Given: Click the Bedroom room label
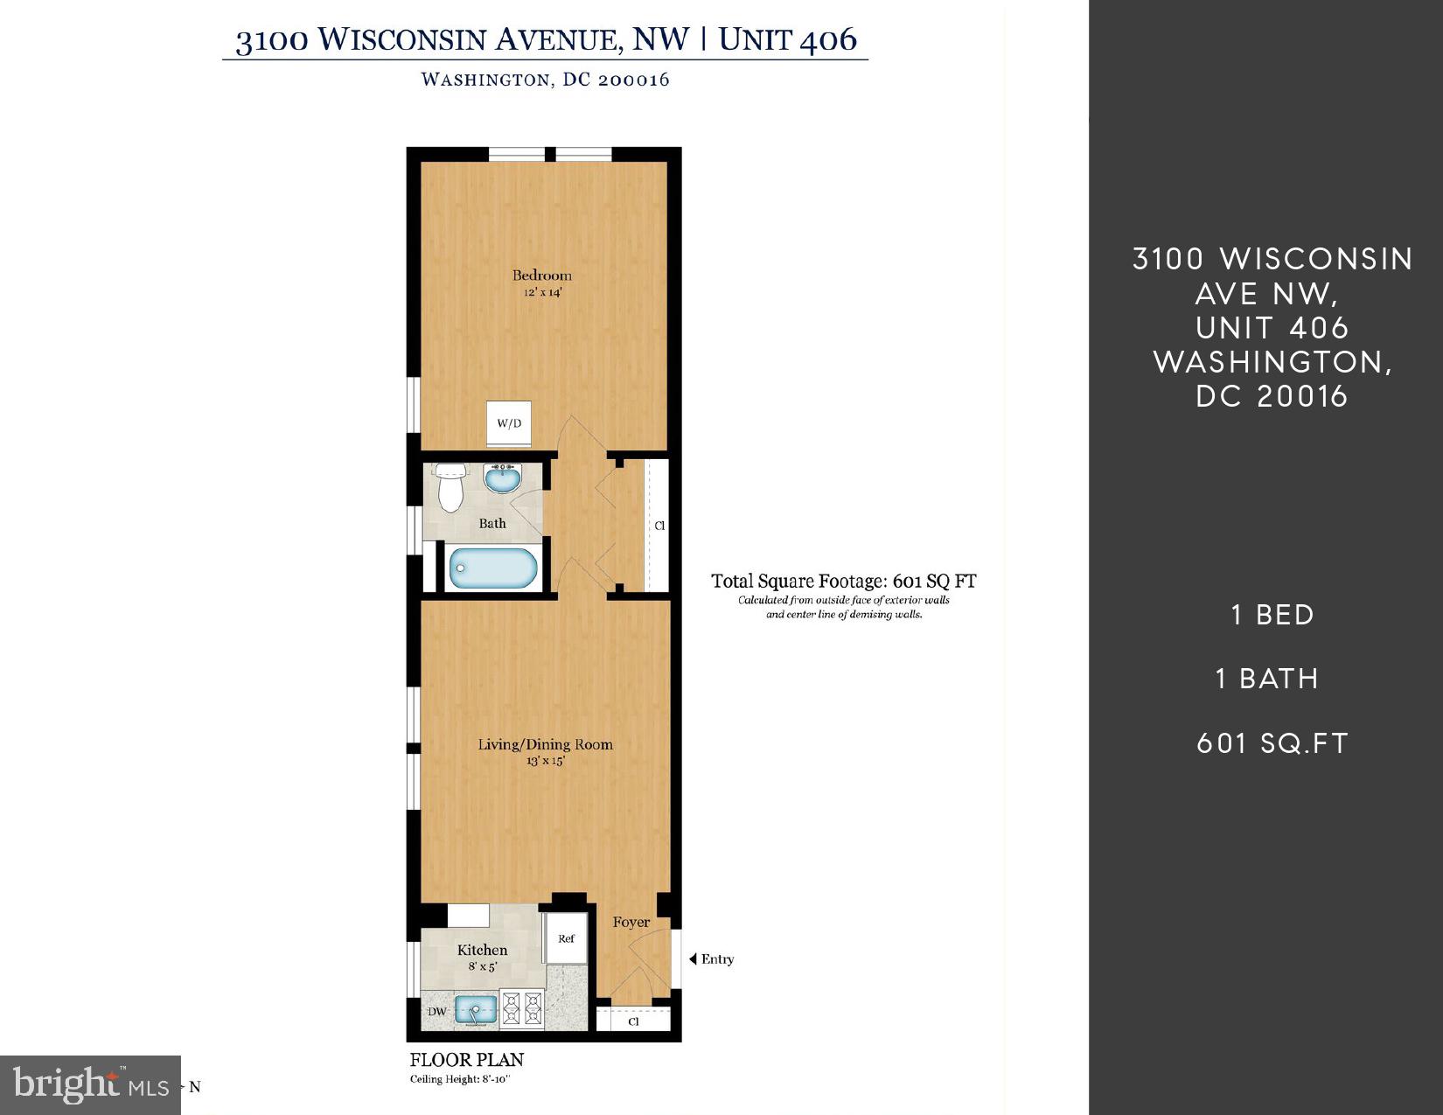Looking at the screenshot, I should point(541,275).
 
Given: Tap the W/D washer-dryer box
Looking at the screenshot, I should point(509,424).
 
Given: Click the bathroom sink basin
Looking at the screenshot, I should point(502,479).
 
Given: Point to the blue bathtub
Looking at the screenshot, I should point(493,568).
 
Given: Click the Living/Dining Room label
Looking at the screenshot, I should point(545,744).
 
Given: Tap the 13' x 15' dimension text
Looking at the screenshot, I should point(545,761).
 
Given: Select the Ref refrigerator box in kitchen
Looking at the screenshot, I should point(566,938).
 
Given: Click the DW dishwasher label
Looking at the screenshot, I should point(437,1012).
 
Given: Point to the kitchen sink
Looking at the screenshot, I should point(475,1010).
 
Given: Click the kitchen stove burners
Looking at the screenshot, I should point(521,1009).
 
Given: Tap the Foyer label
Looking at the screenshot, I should point(631,922).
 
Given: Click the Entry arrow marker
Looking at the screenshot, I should point(694,959).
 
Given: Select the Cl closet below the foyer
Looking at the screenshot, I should point(634,1021).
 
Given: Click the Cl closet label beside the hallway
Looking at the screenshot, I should point(659,526).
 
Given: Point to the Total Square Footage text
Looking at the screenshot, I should point(843,581).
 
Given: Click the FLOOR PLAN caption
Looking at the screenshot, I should point(466,1060).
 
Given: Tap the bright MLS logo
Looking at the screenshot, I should point(90,1085).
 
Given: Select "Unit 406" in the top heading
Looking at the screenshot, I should point(787,39).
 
